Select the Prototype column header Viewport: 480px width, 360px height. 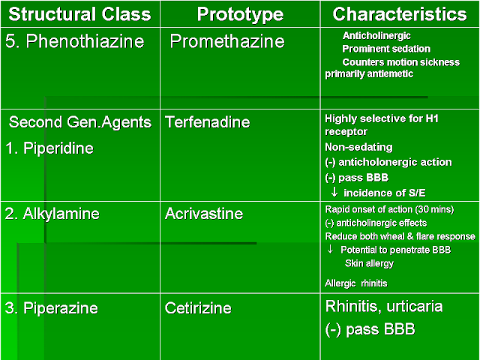click(x=240, y=15)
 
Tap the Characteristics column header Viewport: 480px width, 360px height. click(x=399, y=15)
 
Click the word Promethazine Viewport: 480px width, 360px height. click(x=227, y=41)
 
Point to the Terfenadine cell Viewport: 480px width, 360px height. click(x=208, y=121)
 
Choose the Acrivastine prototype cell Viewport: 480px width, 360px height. click(x=204, y=214)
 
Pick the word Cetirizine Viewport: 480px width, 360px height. click(x=198, y=307)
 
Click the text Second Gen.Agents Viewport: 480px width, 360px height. click(x=80, y=121)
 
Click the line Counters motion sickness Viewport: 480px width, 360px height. click(x=400, y=62)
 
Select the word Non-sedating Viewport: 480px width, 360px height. click(x=358, y=148)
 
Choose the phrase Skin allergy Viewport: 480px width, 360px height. click(x=369, y=263)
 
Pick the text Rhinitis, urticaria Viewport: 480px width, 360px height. click(x=384, y=306)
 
